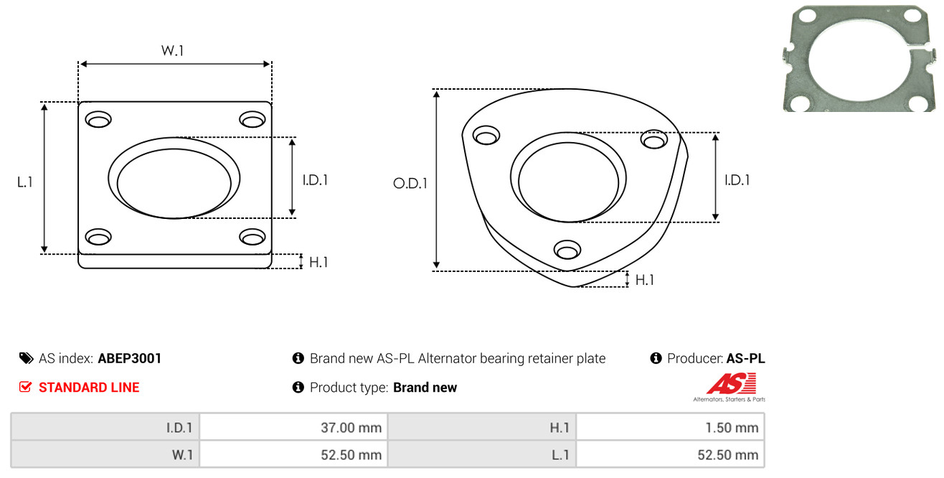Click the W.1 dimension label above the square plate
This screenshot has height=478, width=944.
[172, 50]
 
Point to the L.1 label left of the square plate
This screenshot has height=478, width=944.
[25, 182]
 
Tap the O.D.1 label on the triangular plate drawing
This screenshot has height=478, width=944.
[410, 183]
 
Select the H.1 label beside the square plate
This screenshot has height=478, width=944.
[318, 262]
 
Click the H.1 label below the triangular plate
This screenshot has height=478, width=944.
[644, 280]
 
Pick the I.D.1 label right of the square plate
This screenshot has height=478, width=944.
[315, 180]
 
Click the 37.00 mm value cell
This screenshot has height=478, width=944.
[351, 428]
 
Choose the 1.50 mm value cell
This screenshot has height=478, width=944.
[732, 428]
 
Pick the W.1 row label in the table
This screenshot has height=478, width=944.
[182, 455]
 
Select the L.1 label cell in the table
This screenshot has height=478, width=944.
[560, 455]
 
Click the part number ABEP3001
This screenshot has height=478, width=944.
[129, 358]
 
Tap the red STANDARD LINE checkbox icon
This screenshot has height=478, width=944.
[25, 387]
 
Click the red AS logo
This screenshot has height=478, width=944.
[732, 383]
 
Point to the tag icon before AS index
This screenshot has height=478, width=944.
[26, 358]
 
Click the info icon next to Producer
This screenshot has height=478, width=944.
[656, 358]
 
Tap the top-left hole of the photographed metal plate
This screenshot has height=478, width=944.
[807, 16]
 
